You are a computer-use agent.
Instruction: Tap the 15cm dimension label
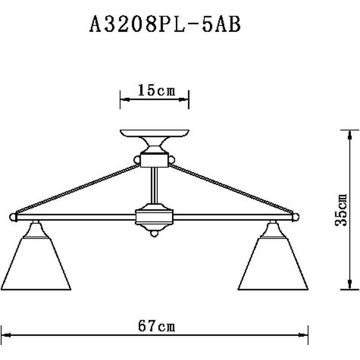point(155,91)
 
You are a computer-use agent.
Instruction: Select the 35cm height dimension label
point(340,209)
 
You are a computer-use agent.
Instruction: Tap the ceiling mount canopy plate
point(155,133)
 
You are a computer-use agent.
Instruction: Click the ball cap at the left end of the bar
point(13,215)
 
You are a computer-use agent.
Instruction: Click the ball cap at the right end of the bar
point(297,215)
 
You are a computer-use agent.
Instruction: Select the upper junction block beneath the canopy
point(155,160)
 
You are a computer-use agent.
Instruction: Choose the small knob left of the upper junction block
point(137,160)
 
